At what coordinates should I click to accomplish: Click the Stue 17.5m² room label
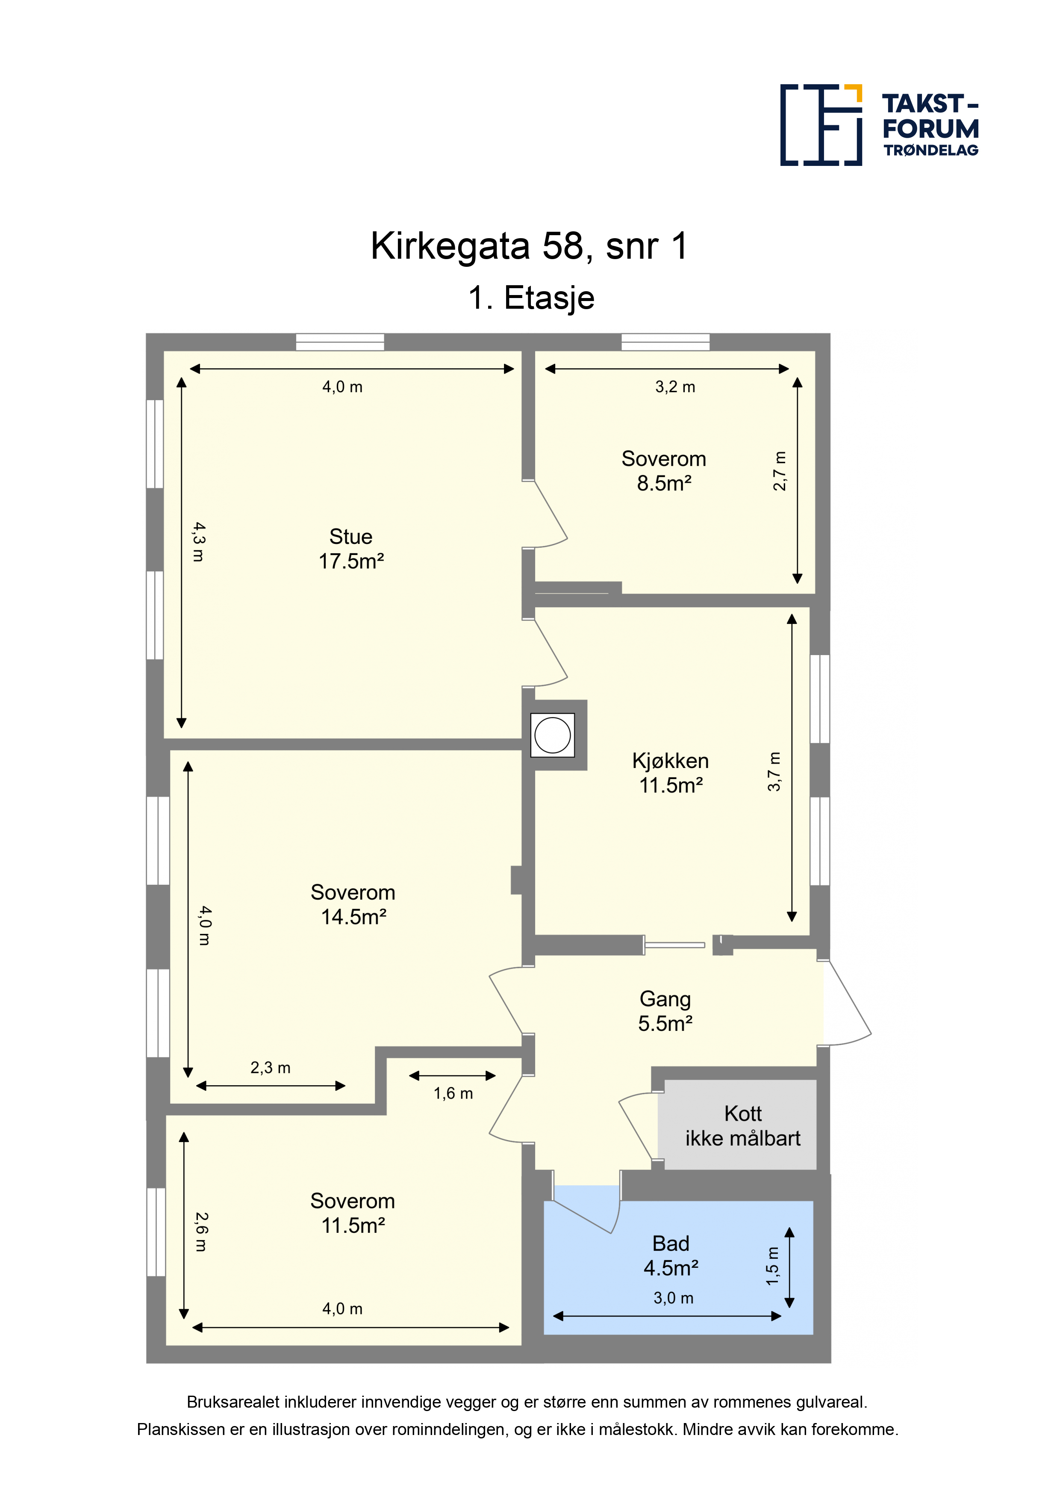click(351, 549)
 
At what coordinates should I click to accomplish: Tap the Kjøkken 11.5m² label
click(670, 772)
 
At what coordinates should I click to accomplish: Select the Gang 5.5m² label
click(665, 1011)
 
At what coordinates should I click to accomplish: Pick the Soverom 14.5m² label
click(353, 904)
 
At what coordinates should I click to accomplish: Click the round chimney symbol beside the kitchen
click(553, 735)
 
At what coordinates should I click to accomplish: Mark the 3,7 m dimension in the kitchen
click(774, 771)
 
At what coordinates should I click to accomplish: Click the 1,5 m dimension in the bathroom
click(772, 1266)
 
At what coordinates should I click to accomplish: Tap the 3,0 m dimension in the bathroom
click(673, 1298)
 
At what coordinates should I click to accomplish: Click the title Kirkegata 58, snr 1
click(530, 246)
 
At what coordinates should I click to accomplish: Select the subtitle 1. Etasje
click(531, 298)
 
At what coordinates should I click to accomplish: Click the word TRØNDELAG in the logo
click(930, 150)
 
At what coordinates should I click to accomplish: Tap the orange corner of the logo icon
click(854, 93)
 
